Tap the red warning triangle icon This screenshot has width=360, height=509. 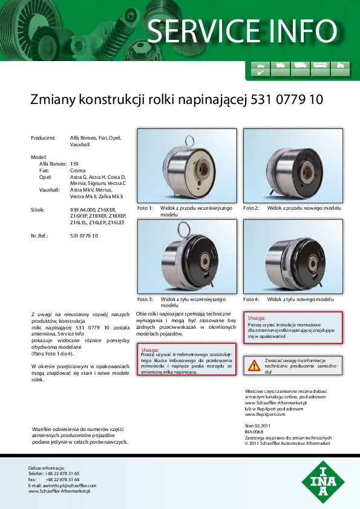[254, 366]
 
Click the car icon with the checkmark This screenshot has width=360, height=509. [261, 69]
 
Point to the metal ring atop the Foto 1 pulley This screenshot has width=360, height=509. [190, 141]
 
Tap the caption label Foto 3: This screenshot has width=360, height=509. [145, 299]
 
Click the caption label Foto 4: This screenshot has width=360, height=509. [251, 299]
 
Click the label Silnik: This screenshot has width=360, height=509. [38, 210]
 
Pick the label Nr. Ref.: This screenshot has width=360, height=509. [39, 236]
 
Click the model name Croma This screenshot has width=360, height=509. [77, 170]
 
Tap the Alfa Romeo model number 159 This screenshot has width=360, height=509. [74, 164]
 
